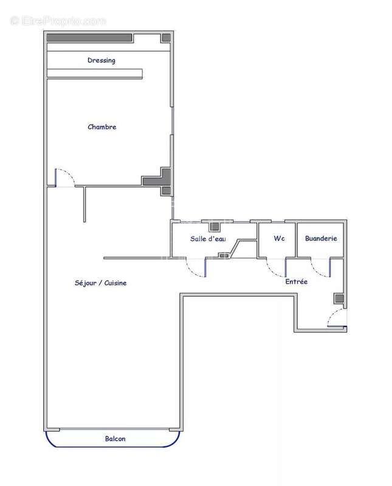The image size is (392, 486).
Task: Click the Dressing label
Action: pyautogui.click(x=101, y=60)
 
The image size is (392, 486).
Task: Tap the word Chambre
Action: pyautogui.click(x=102, y=127)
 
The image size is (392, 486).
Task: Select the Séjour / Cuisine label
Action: pyautogui.click(x=101, y=283)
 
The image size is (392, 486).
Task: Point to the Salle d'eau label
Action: pyautogui.click(x=208, y=239)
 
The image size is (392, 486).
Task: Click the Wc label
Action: pyautogui.click(x=279, y=239)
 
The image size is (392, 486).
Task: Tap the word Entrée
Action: pyautogui.click(x=297, y=282)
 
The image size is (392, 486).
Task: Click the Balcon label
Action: pyautogui.click(x=115, y=439)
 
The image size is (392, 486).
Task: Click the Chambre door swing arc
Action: pyautogui.click(x=66, y=177)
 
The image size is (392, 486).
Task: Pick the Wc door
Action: pyautogui.click(x=277, y=268)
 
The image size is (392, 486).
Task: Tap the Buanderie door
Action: pyautogui.click(x=320, y=269)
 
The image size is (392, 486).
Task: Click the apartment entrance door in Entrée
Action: pyautogui.click(x=336, y=319)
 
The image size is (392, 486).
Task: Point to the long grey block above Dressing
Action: pyautogui.click(x=89, y=38)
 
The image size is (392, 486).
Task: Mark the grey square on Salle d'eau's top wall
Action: pyautogui.click(x=214, y=227)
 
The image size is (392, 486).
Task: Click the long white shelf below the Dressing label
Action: pyautogui.click(x=95, y=74)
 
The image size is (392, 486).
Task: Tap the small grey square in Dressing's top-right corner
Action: pyautogui.click(x=166, y=38)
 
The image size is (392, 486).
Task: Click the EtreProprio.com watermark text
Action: pyautogui.click(x=58, y=21)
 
